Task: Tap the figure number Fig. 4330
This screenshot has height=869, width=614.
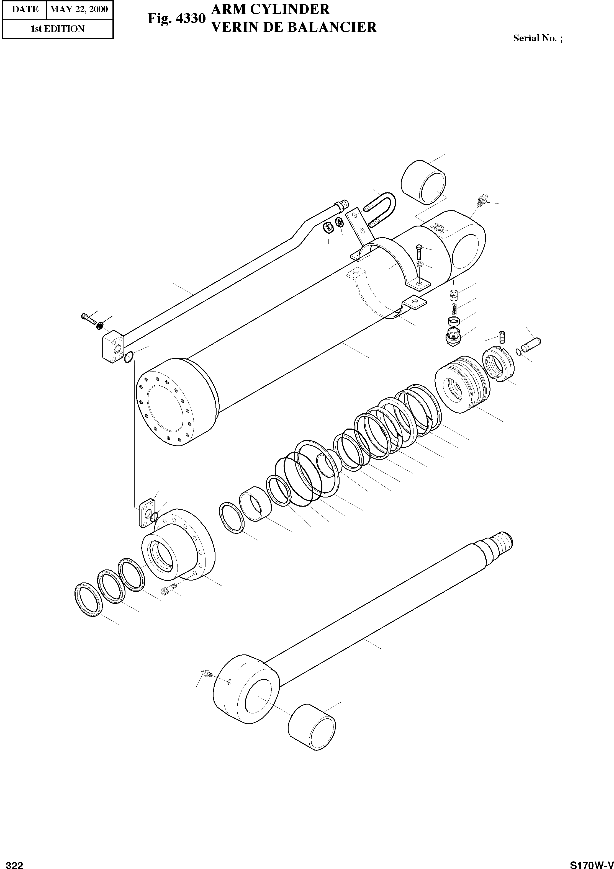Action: click(x=176, y=19)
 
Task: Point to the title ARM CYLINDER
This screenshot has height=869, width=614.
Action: click(x=270, y=9)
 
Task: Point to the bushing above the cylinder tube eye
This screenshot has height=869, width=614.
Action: click(x=423, y=181)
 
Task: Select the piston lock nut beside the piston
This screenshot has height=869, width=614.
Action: click(x=498, y=365)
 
